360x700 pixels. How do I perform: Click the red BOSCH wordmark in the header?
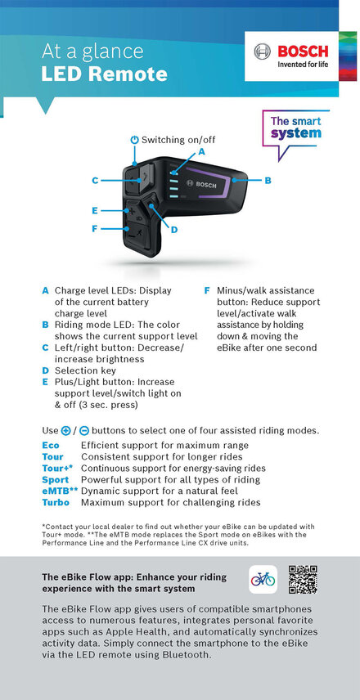pos(303,52)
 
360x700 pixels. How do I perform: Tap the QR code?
pos(303,580)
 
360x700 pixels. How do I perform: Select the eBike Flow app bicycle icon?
pos(263,580)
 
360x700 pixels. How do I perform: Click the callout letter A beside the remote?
pos(201,152)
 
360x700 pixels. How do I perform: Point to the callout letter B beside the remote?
pos(268,181)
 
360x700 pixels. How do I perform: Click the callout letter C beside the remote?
pos(95,181)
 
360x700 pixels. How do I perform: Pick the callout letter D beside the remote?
pos(174,230)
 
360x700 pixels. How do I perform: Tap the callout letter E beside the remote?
pos(95,210)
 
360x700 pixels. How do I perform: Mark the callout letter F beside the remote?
pos(94,229)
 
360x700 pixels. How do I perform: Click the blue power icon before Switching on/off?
pos(134,140)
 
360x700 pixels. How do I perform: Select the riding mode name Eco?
pos(51,445)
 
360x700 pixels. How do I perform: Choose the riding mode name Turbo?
pos(56,502)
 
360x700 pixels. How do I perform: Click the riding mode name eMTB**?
pos(61,491)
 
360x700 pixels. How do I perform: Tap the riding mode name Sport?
pos(56,480)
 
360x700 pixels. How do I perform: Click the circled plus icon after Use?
pos(65,431)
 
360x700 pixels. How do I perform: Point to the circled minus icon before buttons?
pos(84,431)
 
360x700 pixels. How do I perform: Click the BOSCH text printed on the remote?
pos(205,185)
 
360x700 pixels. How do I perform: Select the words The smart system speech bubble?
pos(295,128)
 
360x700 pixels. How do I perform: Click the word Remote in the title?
pos(135,74)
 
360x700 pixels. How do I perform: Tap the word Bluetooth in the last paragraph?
pos(187,655)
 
